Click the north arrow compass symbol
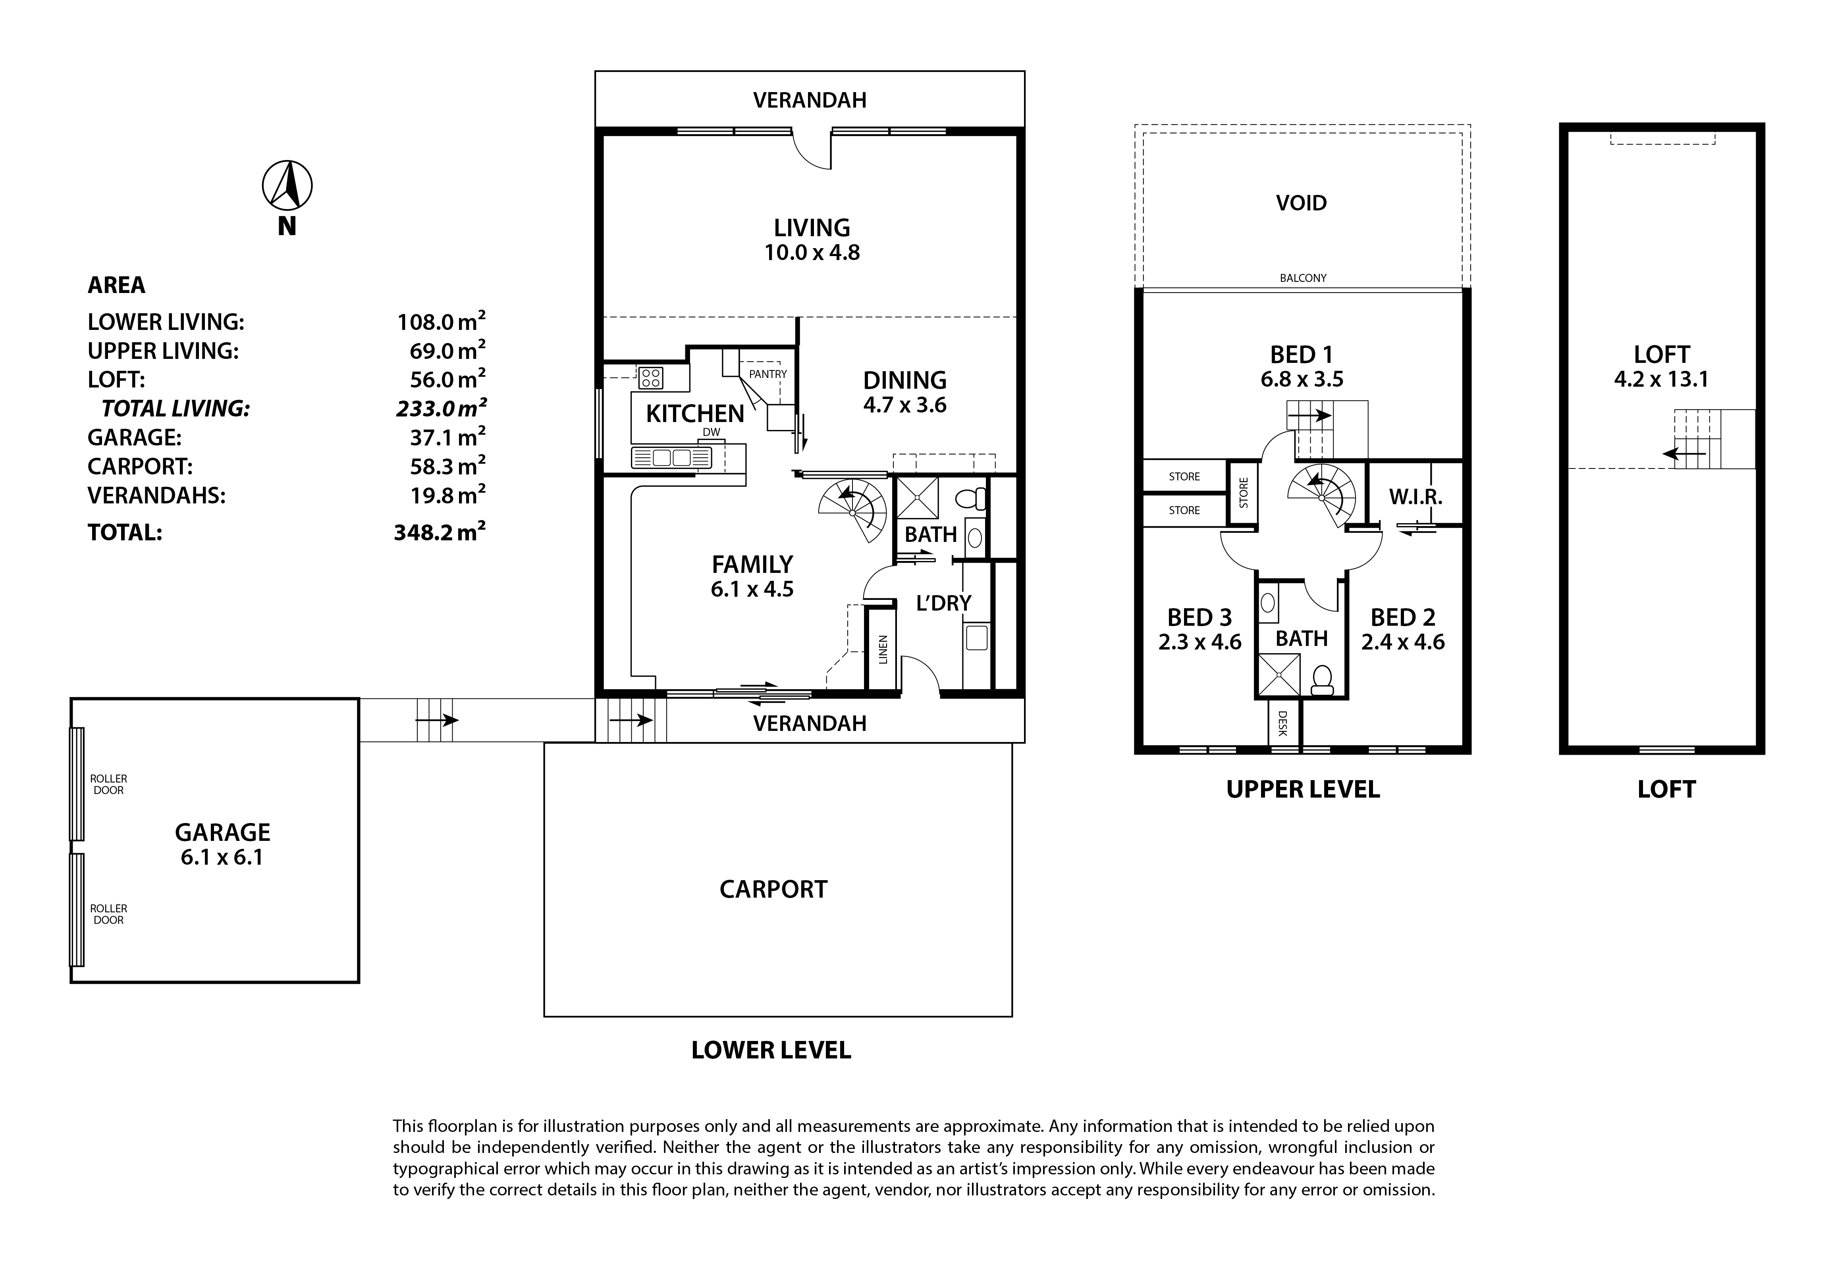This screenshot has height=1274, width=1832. point(287,186)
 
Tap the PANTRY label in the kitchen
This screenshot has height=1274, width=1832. point(768,374)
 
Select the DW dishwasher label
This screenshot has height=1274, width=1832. point(711,432)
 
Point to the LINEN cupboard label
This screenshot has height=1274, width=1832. point(883,650)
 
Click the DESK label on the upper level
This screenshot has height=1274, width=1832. point(1283,724)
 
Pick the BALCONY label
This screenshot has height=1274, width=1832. point(1303,278)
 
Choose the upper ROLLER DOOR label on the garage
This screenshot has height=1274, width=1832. point(108,784)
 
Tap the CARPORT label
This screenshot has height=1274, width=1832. point(773,889)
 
